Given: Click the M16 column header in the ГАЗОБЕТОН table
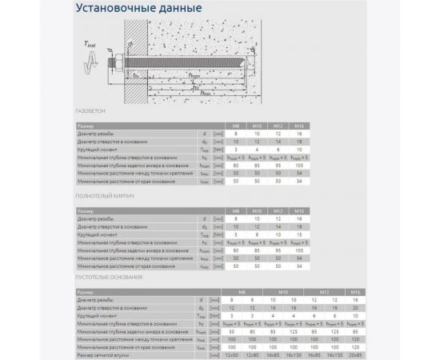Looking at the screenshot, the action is [x=298, y=126].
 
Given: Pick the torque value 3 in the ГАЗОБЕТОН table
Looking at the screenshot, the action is [x=235, y=149].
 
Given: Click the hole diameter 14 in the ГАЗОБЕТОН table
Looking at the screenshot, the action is [x=277, y=142].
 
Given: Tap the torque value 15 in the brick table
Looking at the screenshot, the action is [x=298, y=233].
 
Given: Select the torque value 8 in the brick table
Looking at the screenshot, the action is [x=256, y=233].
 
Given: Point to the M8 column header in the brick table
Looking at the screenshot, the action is [x=235, y=210].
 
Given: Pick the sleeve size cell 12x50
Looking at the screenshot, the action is [x=232, y=354].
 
